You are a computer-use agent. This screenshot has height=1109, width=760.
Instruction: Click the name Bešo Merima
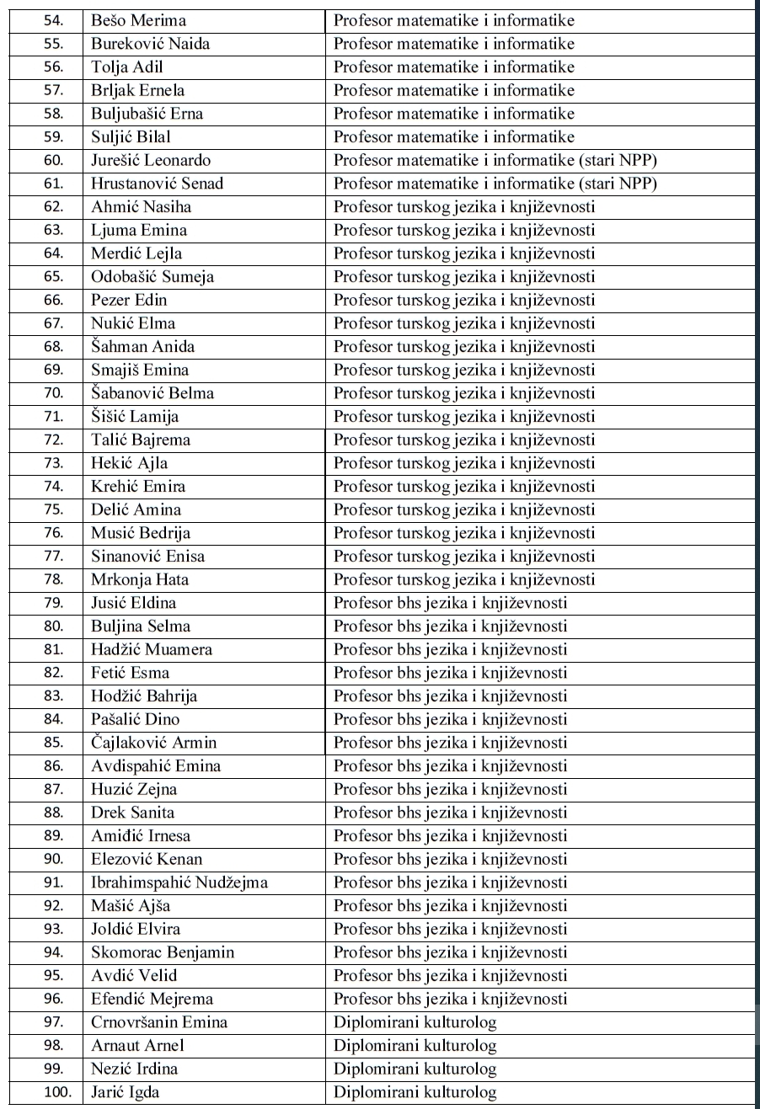(x=139, y=20)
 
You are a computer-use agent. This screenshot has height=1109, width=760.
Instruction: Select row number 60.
(x=47, y=160)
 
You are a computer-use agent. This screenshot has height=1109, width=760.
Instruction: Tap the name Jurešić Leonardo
(x=151, y=160)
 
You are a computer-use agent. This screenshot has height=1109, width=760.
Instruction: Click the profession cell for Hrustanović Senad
(x=495, y=184)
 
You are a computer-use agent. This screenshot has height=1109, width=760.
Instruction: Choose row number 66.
(x=47, y=300)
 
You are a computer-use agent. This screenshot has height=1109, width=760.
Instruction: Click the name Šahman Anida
(x=140, y=346)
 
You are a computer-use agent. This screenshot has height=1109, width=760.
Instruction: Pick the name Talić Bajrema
(x=141, y=440)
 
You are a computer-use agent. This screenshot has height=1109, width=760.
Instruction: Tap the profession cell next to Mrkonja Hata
(x=464, y=579)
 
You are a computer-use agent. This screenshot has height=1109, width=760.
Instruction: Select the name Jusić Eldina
(x=134, y=603)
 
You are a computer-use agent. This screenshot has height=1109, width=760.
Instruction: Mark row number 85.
(x=47, y=743)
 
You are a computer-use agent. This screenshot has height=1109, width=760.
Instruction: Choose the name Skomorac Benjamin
(x=163, y=952)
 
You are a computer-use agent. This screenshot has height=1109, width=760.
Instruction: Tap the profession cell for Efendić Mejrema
(x=450, y=1000)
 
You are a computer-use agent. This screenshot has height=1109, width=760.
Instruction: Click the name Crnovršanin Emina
(x=159, y=1022)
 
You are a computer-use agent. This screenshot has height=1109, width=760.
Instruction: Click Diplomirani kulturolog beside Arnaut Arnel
(x=415, y=1046)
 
